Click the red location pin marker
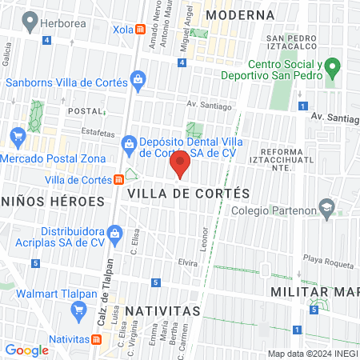pyautogui.click(x=180, y=164)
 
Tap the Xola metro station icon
pyautogui.click(x=141, y=30)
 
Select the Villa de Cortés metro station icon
pyautogui.click(x=118, y=179)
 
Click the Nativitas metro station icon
pyautogui.click(x=97, y=339)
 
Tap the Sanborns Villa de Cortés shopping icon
pyautogui.click(x=138, y=80)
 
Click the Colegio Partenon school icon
pyautogui.click(x=326, y=207)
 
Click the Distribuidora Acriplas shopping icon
pyautogui.click(x=115, y=234)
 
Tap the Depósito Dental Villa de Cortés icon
pyautogui.click(x=128, y=143)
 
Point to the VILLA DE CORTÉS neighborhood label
pyautogui.click(x=189, y=194)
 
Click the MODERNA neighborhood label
pyautogui.click(x=239, y=14)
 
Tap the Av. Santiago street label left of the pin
pyautogui.click(x=209, y=106)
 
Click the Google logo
pyautogui.click(x=26, y=350)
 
